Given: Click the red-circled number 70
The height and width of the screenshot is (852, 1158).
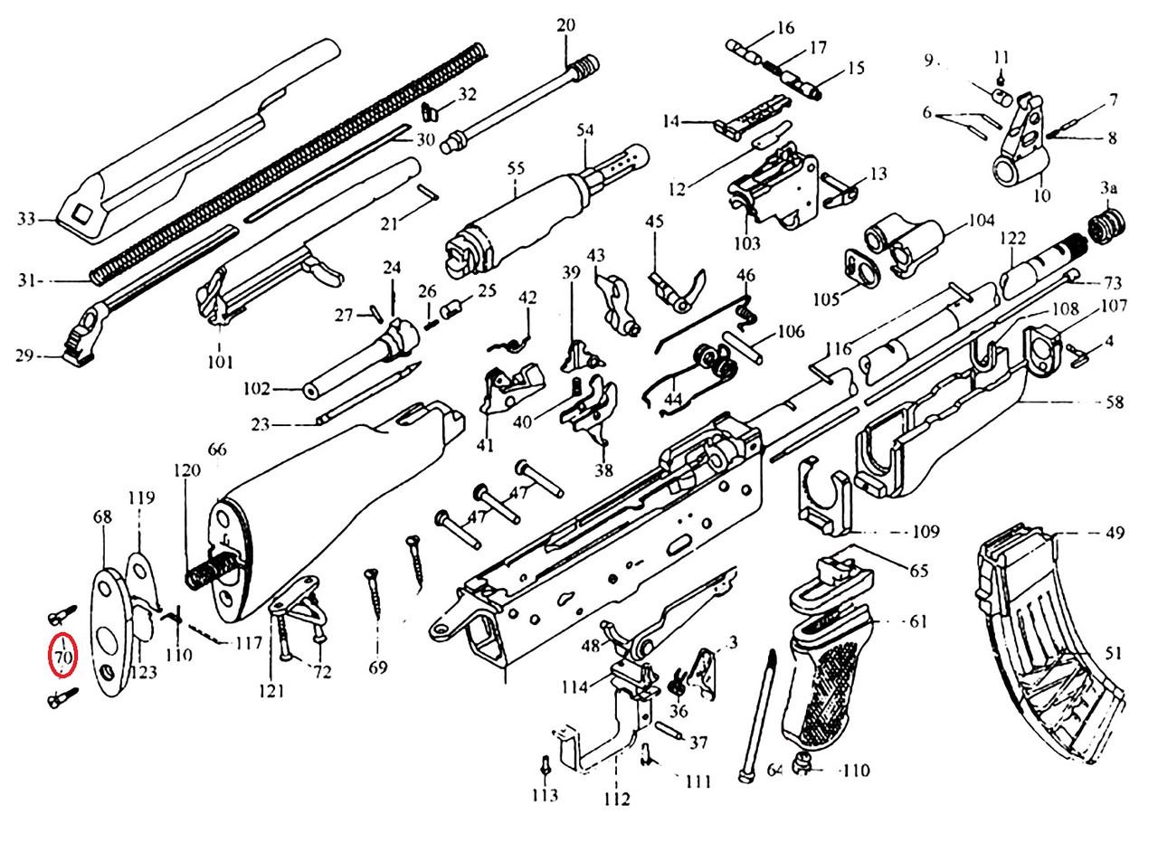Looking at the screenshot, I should pos(62,657).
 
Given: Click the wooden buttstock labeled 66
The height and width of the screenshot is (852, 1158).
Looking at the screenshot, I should pos(326,506).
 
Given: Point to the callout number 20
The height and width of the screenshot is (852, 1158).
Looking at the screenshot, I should pos(565,25).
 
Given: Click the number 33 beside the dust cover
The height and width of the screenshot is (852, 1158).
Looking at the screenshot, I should pos(26,219).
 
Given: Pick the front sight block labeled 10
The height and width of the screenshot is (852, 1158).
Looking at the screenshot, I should pos(1022,145).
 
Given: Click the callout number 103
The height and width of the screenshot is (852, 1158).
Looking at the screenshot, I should pos(747,243).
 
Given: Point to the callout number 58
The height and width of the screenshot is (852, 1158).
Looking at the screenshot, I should pos(1115,402).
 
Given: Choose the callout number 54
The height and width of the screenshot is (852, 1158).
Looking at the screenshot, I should pos(585,130).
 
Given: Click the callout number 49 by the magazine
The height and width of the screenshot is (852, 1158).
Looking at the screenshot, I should pos(1115,534).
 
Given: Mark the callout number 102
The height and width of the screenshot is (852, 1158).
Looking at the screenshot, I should pos(257,390).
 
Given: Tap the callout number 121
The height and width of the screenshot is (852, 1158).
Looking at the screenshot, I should pos(272,691).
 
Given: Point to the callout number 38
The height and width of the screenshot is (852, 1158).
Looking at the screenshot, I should pos(603,469).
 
